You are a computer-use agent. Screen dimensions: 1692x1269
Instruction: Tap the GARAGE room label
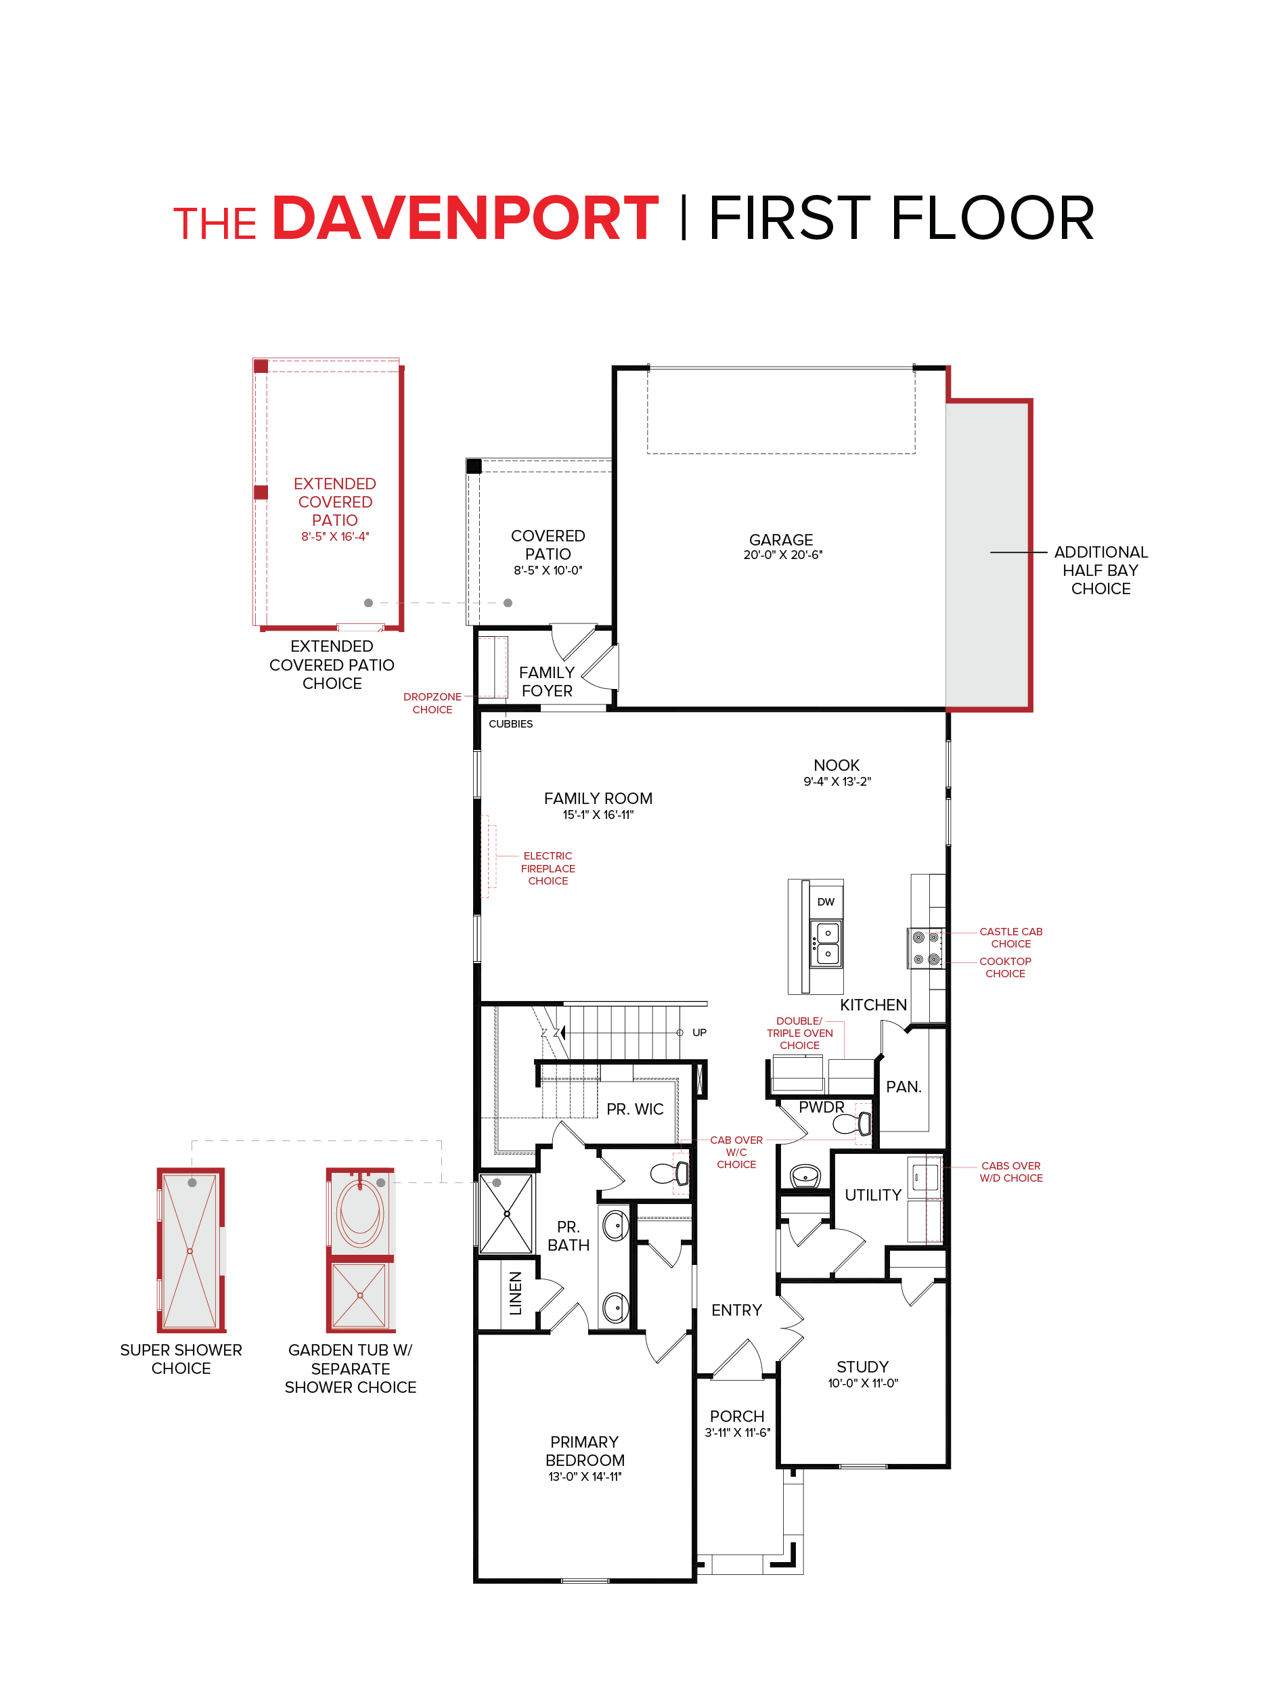[780, 539]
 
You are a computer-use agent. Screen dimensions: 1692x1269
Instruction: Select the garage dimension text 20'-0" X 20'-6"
[782, 556]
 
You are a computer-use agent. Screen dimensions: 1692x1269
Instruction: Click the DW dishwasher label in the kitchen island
[825, 902]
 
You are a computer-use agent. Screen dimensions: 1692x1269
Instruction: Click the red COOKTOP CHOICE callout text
[1004, 967]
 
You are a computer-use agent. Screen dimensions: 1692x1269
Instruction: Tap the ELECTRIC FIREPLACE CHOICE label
[547, 868]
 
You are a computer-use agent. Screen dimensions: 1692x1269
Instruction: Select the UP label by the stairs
[699, 1033]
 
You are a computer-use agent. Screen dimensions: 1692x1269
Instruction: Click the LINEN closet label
[516, 1293]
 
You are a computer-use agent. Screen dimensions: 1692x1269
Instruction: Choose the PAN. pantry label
[904, 1087]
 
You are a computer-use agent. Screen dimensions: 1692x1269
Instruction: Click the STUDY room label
[862, 1367]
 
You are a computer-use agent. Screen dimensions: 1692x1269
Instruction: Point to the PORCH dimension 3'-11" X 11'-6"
[736, 1433]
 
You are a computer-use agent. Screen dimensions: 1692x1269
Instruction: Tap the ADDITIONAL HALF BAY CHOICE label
[1100, 570]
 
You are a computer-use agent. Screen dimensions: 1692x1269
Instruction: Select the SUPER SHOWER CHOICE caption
[181, 1359]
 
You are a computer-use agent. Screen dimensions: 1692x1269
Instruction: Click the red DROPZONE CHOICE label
[432, 703]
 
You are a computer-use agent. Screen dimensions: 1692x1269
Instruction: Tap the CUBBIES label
[510, 723]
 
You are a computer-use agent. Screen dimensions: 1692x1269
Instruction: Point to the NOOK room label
[836, 765]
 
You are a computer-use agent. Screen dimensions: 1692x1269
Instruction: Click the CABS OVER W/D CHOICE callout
[1010, 1172]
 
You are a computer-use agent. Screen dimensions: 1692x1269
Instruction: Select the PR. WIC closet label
[634, 1109]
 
